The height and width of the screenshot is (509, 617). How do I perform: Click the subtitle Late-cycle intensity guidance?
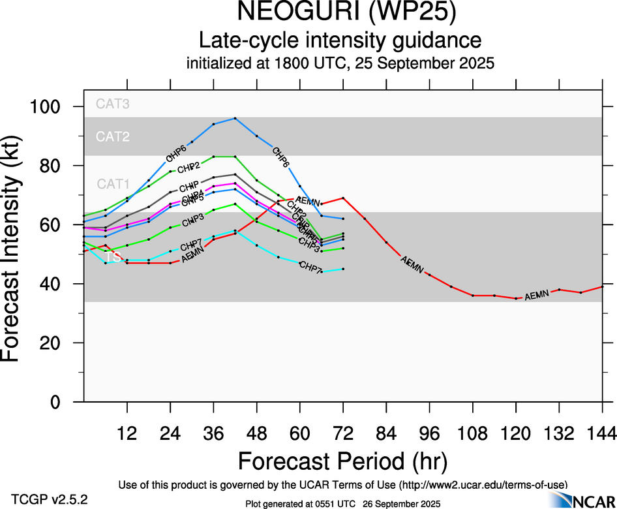click(340, 40)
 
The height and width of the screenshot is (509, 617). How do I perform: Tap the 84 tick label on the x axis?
click(386, 432)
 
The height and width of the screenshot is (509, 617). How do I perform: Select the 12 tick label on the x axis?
click(127, 432)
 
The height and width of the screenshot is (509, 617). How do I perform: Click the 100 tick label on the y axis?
click(52, 106)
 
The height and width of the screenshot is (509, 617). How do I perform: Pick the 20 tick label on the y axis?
click(58, 343)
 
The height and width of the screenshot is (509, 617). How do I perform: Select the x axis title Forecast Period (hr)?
click(342, 461)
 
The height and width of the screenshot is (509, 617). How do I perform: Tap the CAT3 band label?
click(113, 103)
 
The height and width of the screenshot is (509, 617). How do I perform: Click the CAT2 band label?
click(113, 136)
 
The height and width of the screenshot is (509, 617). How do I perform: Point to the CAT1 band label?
click(113, 184)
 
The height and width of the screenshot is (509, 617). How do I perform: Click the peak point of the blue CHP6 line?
click(235, 118)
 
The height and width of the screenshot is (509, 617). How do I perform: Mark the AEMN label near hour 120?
click(537, 296)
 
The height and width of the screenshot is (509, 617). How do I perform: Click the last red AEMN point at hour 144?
click(602, 286)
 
